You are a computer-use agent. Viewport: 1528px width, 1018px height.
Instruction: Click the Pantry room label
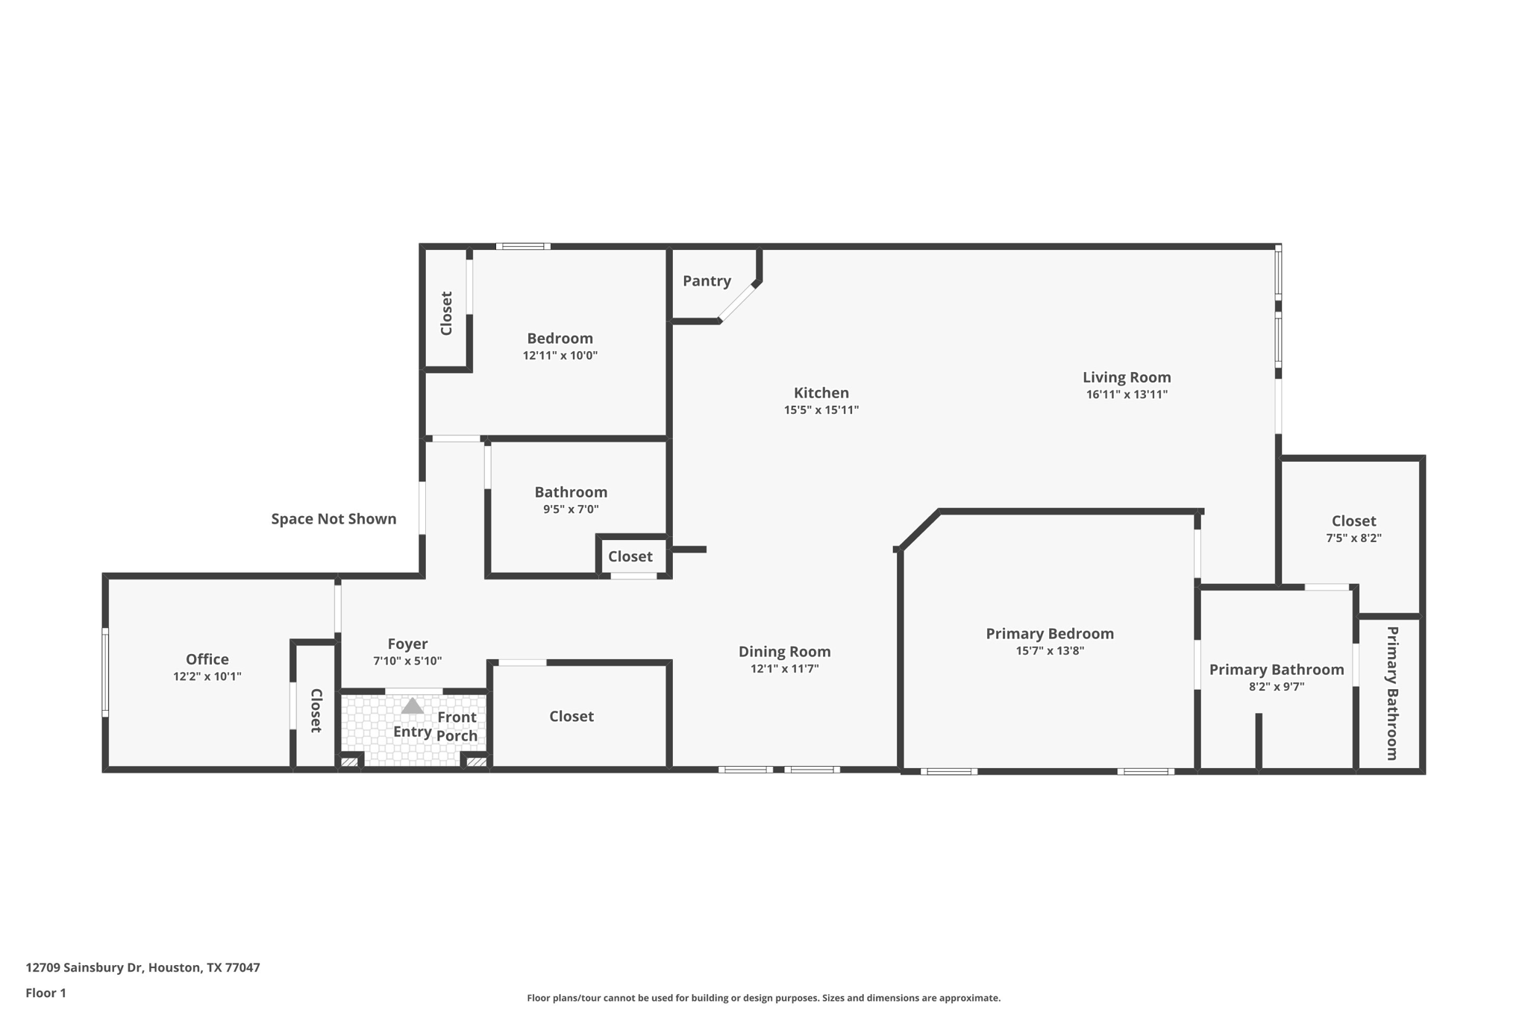click(x=706, y=281)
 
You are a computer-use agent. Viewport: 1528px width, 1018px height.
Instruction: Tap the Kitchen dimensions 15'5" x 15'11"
click(x=821, y=410)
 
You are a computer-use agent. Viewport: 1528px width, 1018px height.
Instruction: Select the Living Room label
click(x=1126, y=377)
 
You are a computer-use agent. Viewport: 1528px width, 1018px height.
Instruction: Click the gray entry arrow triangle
click(x=413, y=706)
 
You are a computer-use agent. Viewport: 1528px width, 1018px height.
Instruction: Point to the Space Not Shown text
click(x=334, y=519)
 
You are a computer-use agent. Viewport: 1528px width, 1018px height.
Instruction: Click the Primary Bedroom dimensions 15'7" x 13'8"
click(x=1049, y=651)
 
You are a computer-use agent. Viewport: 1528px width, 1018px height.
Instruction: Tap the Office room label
click(x=207, y=659)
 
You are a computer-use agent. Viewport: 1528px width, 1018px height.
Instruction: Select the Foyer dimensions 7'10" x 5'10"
click(x=407, y=662)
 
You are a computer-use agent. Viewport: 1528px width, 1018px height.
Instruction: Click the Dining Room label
click(x=784, y=652)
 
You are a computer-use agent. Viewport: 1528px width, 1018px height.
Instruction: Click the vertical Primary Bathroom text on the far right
click(x=1391, y=693)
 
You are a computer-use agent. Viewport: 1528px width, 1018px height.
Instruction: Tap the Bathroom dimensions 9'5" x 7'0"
click(x=570, y=510)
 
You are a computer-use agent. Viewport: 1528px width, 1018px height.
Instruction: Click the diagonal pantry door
click(x=737, y=303)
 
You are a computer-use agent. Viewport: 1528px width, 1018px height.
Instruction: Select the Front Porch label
click(x=457, y=726)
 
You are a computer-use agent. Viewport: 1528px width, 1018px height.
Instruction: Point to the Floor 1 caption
click(x=46, y=993)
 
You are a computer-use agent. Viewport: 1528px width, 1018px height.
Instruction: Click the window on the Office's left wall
click(x=105, y=673)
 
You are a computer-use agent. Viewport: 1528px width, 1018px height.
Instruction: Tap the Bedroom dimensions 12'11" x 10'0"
click(x=560, y=356)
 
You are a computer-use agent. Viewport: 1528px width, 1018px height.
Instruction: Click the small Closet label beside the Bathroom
click(x=630, y=556)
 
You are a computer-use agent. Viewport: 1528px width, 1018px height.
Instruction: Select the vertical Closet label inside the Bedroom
click(x=446, y=313)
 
